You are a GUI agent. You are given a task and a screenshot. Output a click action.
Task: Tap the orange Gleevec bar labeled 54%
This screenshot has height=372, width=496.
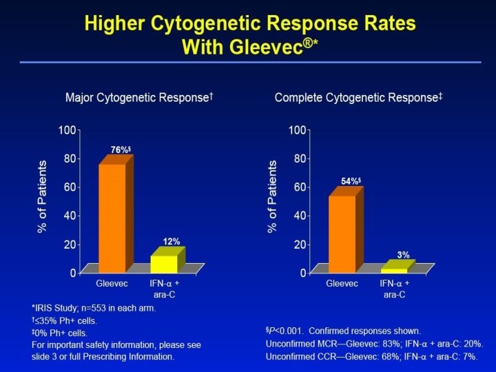click(342, 234)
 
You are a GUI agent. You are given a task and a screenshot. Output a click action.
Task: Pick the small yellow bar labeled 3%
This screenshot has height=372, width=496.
click(394, 270)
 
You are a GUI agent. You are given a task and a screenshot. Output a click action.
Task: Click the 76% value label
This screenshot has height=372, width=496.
click(121, 149)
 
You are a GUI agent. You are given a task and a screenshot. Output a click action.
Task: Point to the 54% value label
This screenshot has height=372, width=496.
click(351, 181)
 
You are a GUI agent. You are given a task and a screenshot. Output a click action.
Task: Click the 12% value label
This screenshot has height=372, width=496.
click(172, 241)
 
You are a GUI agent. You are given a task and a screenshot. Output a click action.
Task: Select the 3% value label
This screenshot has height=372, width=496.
click(403, 255)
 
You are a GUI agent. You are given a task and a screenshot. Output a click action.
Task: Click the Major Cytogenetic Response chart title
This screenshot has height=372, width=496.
click(138, 98)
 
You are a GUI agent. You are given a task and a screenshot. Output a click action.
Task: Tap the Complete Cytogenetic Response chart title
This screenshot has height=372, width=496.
click(358, 98)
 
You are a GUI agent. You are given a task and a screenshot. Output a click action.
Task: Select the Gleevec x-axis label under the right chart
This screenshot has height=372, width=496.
click(342, 284)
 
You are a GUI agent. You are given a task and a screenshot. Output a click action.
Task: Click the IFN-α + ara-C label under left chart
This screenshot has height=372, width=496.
click(165, 289)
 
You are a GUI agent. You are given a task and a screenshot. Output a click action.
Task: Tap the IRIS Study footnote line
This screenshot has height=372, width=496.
click(94, 308)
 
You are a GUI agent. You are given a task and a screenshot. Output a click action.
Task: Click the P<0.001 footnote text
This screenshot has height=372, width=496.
click(343, 331)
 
